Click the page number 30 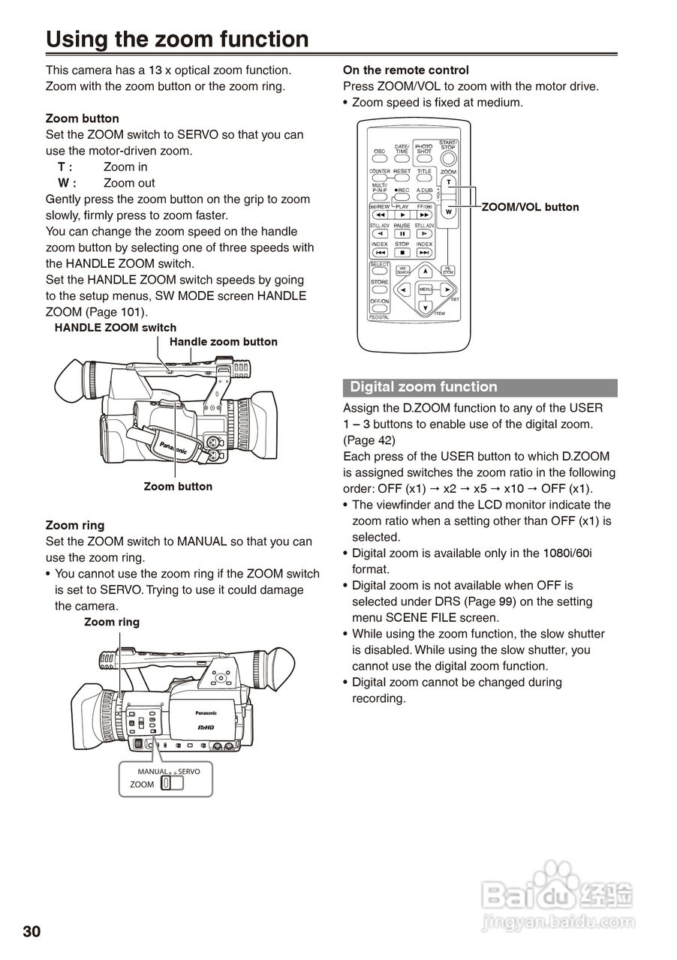point(32,931)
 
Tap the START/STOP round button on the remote point(448,157)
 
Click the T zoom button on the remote point(449,183)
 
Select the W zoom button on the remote point(449,211)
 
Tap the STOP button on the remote point(402,253)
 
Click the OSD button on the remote point(380,159)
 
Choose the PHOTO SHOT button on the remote point(424,158)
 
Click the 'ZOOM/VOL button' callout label point(530,207)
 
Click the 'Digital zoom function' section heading point(424,387)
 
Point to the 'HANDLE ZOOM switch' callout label point(116,328)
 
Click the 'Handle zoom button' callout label point(224,342)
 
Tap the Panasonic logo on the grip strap point(173,447)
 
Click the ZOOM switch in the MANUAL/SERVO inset point(167,784)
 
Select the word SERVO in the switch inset point(189,771)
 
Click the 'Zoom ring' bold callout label point(112,622)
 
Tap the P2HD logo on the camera point(206,727)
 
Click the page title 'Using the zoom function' point(177,39)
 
